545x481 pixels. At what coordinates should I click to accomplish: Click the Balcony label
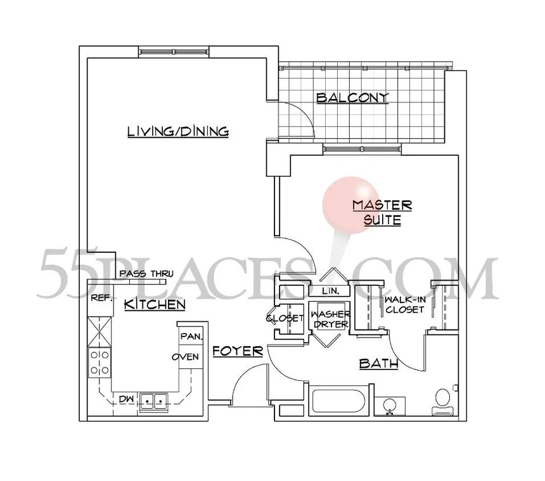pyautogui.click(x=352, y=98)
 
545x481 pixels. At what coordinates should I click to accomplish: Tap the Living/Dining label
pyautogui.click(x=177, y=132)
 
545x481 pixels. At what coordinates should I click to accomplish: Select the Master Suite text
pyautogui.click(x=382, y=213)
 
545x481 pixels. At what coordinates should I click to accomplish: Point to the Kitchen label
pyautogui.click(x=154, y=305)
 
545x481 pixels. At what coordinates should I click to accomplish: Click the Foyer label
pyautogui.click(x=238, y=350)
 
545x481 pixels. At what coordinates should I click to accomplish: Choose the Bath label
pyautogui.click(x=378, y=364)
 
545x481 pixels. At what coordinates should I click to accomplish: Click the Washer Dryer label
pyautogui.click(x=330, y=319)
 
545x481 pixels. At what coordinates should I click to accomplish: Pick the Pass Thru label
pyautogui.click(x=146, y=274)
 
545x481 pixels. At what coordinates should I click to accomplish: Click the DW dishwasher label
pyautogui.click(x=126, y=399)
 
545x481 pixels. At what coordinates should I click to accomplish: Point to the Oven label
pyautogui.click(x=186, y=357)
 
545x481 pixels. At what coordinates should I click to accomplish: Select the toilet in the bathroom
pyautogui.click(x=442, y=401)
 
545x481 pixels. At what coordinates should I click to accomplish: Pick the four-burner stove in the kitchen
pyautogui.click(x=99, y=364)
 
